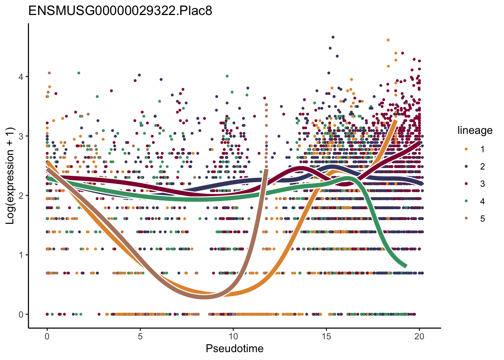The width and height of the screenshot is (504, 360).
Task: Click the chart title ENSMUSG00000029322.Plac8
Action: (x=120, y=10)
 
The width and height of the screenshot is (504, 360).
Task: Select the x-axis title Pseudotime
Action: (x=234, y=349)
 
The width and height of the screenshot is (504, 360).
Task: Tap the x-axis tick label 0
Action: (x=47, y=336)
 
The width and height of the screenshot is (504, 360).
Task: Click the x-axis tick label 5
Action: (x=140, y=336)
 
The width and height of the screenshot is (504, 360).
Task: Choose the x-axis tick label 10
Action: (x=233, y=336)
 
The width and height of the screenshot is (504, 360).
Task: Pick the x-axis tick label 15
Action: (x=326, y=336)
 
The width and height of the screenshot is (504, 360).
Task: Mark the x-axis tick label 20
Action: (x=419, y=336)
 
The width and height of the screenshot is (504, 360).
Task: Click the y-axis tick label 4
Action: (x=21, y=77)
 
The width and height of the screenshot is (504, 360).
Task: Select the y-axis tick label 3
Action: (x=21, y=136)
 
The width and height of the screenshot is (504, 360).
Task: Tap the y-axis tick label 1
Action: (x=21, y=255)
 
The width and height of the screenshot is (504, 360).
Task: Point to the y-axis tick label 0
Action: (x=21, y=314)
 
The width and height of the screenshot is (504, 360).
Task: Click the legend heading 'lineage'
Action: (x=475, y=130)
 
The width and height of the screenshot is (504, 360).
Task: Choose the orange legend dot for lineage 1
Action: (x=466, y=149)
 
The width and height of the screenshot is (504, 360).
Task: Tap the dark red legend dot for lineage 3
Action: (x=466, y=184)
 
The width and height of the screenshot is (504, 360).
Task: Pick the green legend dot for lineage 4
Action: (x=466, y=201)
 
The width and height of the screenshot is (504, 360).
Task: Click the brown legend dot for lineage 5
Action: (x=466, y=219)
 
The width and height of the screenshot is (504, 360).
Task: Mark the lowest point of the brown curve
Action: (x=204, y=297)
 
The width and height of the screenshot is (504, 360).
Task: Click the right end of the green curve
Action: (x=406, y=266)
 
